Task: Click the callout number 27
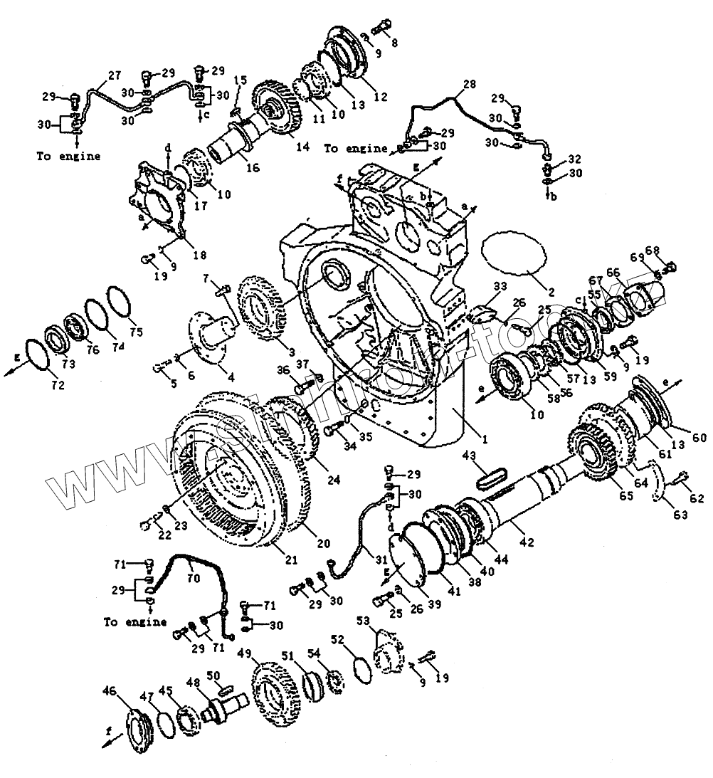(114, 75)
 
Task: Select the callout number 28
(468, 85)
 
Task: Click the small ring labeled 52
(362, 670)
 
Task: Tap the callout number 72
(57, 385)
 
